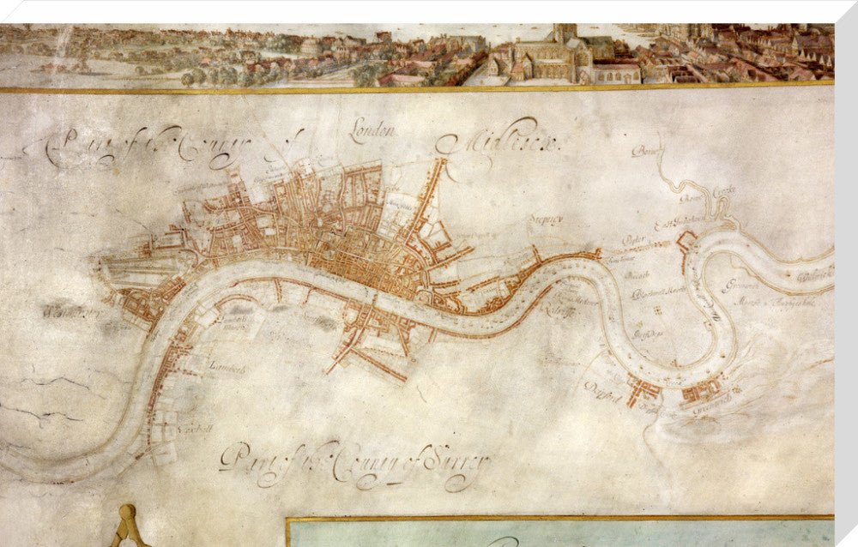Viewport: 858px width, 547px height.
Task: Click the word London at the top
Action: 373,131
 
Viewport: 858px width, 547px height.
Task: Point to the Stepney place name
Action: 546,219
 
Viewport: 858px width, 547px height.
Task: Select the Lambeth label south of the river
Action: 227,369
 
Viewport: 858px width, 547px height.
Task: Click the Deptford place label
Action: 602,386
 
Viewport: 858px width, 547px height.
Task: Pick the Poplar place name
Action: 633,239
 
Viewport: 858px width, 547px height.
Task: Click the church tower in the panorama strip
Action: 564,39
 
